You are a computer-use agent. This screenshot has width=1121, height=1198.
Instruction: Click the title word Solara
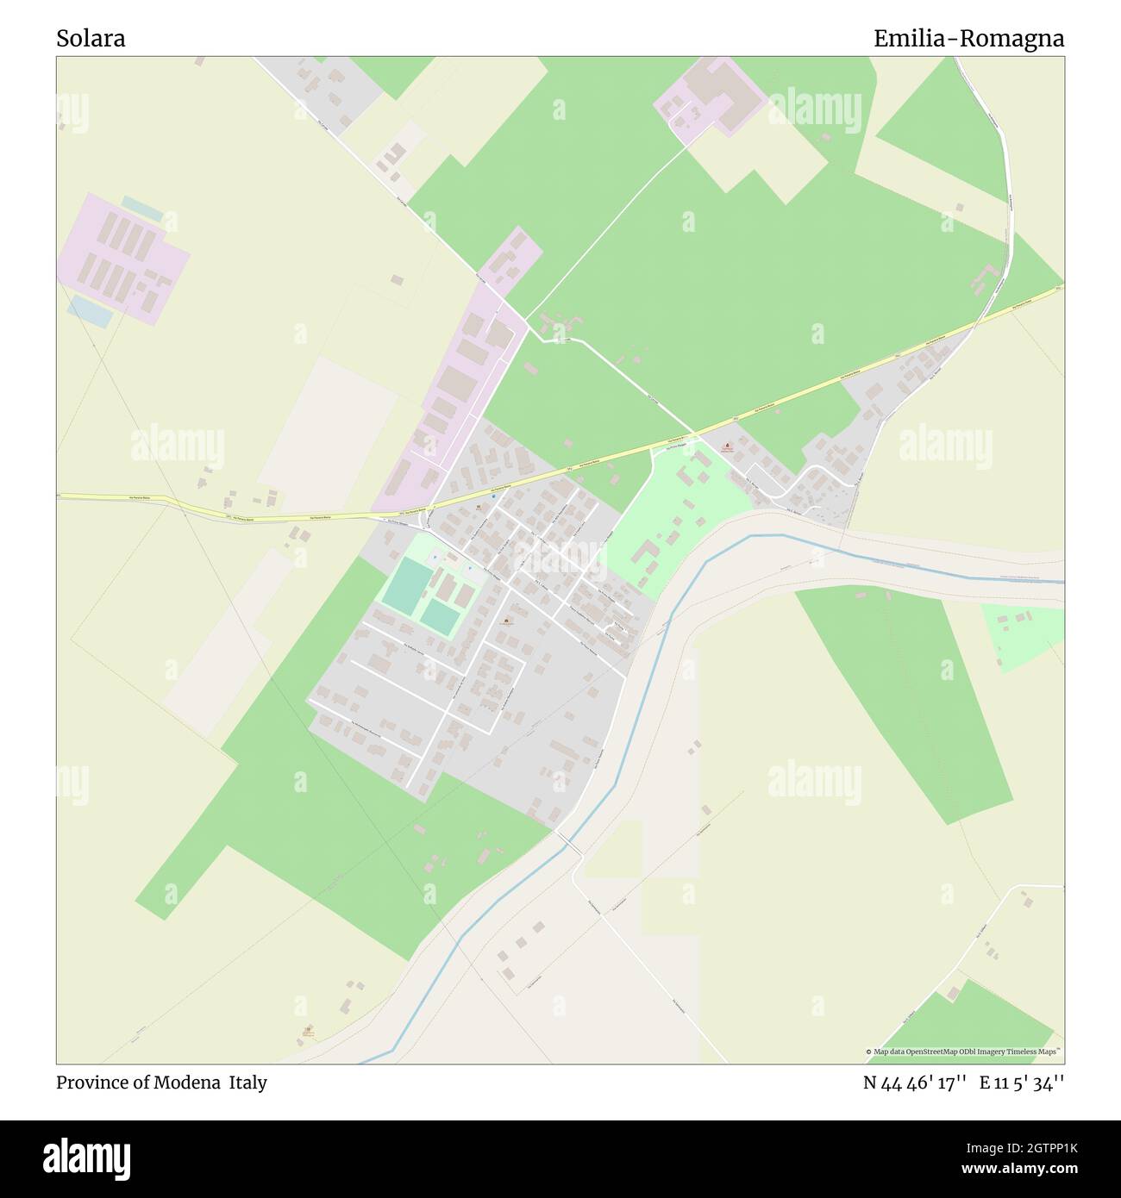[91, 39]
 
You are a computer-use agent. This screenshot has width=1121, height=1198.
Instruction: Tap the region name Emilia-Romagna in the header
[968, 39]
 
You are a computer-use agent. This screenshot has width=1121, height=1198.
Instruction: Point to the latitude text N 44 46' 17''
[917, 1083]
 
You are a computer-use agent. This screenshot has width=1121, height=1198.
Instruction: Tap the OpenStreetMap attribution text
[963, 1051]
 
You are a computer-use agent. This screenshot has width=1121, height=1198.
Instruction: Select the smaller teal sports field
[440, 617]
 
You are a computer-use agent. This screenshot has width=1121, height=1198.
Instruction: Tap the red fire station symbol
[726, 446]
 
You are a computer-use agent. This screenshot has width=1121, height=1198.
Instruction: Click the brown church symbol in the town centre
[504, 621]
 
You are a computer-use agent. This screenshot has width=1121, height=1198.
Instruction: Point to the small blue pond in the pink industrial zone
[90, 311]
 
